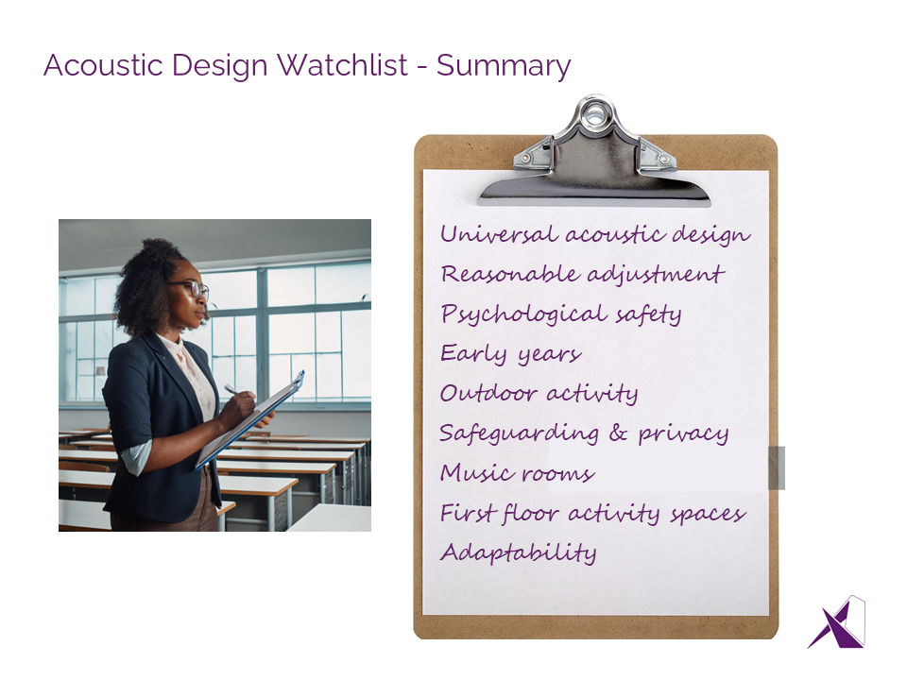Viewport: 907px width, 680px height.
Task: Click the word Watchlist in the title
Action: point(342,65)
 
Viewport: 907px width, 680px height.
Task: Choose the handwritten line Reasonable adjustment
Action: point(582,274)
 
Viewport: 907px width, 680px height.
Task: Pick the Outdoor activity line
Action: point(539,393)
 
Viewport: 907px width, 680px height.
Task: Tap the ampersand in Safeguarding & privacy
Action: point(618,433)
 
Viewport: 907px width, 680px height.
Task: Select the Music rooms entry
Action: point(517,472)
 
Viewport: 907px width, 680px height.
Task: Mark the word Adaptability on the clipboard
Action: point(519,552)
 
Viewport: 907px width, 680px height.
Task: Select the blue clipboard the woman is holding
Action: point(249,419)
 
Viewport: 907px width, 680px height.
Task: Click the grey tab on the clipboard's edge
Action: point(777,467)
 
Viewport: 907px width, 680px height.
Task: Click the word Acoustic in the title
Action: point(104,65)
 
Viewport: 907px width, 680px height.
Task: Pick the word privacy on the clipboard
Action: point(683,433)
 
